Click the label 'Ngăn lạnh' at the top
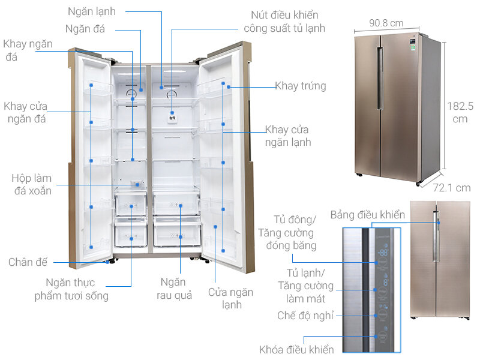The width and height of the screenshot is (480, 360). point(92,11)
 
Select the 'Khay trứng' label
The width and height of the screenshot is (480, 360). point(300,86)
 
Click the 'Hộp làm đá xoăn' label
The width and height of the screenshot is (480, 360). point(31,185)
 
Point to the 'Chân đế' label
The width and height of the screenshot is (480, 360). point(28,262)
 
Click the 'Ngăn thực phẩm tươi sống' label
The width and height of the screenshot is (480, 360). point(71,289)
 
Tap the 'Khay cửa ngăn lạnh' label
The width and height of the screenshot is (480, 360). point(287,136)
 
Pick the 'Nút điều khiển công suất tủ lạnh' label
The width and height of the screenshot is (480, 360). point(284,22)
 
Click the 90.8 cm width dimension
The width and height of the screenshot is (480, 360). point(386,23)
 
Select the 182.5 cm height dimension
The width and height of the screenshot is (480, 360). point(461,112)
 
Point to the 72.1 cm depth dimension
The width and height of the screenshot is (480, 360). point(452,188)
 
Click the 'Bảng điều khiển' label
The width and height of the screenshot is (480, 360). point(367,214)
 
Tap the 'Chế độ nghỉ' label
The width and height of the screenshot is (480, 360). point(305,315)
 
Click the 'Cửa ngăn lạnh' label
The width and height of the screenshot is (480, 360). point(230,298)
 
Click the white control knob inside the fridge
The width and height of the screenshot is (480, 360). point(172,118)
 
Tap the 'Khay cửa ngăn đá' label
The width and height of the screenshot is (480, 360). point(25,112)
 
